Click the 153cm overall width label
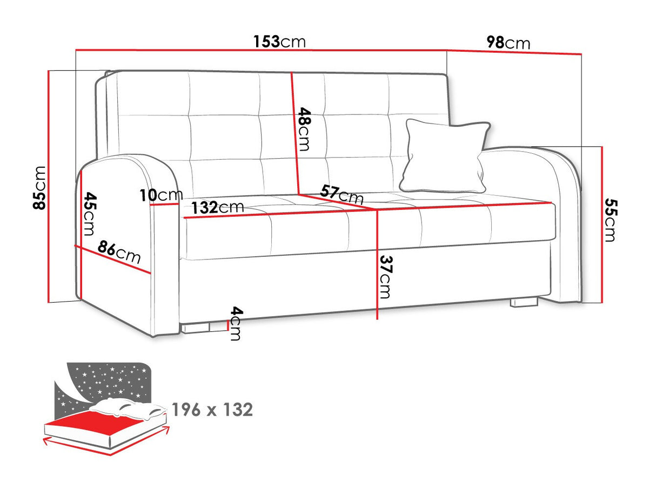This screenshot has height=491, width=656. [x=279, y=42]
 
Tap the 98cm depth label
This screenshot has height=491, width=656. [x=508, y=43]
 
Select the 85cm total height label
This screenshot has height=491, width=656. [x=40, y=188]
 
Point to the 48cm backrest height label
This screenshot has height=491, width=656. [x=304, y=129]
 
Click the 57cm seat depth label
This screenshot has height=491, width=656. [x=342, y=194]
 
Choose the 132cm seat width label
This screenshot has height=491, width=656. [x=218, y=207]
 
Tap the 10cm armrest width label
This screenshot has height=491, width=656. [x=161, y=195]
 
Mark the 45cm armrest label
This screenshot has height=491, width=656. [x=90, y=214]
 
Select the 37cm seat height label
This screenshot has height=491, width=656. [x=385, y=277]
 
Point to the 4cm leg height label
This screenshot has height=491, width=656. [x=236, y=323]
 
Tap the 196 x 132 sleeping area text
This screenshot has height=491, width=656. [x=212, y=410]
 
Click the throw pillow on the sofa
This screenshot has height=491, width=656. [x=445, y=156]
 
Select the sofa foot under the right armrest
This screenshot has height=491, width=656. [x=524, y=302]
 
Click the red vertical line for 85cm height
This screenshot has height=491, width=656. [x=49, y=187]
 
